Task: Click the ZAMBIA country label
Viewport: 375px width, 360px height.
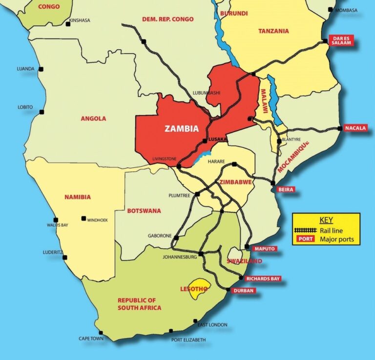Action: tap(182, 129)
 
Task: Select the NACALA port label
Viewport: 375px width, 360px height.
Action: tap(355, 128)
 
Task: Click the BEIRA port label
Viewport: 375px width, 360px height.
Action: tap(286, 189)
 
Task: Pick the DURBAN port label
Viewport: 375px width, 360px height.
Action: tap(244, 291)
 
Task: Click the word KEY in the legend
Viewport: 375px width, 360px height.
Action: tap(326, 220)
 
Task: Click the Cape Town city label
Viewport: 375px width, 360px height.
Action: tap(91, 338)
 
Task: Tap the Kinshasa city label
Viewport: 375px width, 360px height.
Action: tap(81, 20)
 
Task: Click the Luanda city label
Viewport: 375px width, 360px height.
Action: tap(25, 69)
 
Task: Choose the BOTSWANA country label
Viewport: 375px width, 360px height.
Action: tap(144, 211)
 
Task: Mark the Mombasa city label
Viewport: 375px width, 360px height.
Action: tap(346, 10)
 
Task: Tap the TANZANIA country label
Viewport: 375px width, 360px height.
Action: tap(273, 31)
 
